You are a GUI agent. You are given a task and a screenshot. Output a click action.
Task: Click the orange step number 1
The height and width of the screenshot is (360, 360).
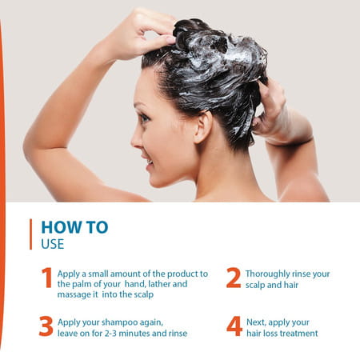click(46, 278)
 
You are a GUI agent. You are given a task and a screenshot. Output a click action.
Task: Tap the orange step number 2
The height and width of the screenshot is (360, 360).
click(233, 278)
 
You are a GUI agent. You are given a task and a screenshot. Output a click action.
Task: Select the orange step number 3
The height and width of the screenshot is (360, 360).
click(46, 326)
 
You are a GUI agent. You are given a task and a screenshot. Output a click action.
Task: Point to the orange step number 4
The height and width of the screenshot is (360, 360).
click(234, 326)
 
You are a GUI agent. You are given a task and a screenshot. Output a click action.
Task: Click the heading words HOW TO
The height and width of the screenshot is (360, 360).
click(74, 227)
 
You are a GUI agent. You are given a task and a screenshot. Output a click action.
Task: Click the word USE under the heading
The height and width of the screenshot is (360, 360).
click(53, 243)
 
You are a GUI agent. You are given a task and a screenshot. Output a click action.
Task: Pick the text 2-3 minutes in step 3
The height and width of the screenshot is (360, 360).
click(130, 333)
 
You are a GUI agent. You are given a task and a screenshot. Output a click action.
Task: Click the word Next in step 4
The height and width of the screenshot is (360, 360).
click(257, 322)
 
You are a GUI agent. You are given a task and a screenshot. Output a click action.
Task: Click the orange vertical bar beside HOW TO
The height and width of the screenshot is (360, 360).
click(31, 234)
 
